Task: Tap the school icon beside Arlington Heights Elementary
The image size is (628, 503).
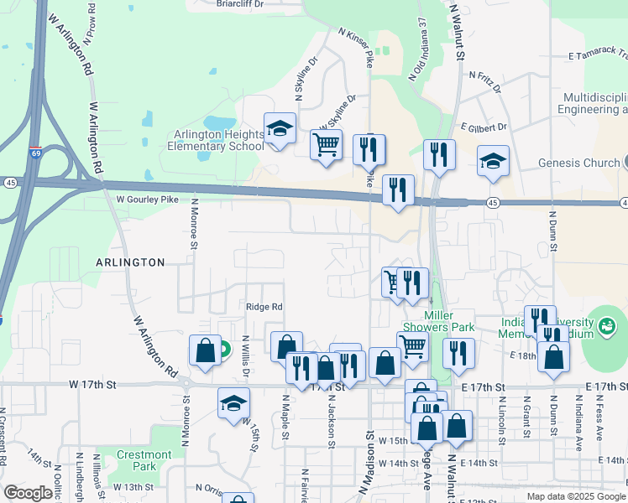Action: (280, 129)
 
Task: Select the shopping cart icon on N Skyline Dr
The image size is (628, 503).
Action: (326, 144)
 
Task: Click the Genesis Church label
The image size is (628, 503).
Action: (579, 163)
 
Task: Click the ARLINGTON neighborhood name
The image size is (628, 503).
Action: (129, 262)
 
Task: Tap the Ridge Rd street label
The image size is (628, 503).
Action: (264, 307)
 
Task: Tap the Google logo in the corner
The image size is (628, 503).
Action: (28, 493)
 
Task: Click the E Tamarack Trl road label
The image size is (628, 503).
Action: (597, 55)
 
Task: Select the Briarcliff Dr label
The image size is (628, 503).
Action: (240, 4)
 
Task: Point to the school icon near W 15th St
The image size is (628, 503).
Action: (233, 403)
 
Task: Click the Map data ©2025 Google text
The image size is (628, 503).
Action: (575, 496)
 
